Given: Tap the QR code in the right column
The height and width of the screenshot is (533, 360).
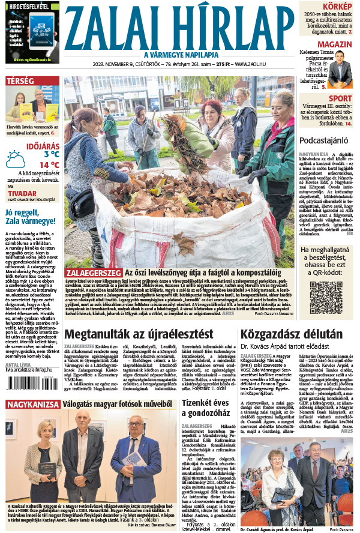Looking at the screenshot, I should pyautogui.click(x=326, y=298).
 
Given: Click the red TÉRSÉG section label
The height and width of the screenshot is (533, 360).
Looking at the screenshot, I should pyautogui.click(x=20, y=80).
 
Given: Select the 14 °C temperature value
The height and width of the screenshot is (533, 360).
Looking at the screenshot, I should pyautogui.click(x=49, y=164).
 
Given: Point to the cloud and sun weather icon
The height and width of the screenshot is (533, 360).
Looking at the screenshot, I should pyautogui.click(x=16, y=159).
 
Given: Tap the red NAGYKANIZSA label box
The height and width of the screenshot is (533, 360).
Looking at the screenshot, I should pyautogui.click(x=33, y=405).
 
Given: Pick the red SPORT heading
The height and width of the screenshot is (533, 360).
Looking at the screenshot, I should pyautogui.click(x=340, y=98).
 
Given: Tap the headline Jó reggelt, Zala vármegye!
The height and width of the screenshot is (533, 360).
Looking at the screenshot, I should pyautogui.click(x=30, y=216).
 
